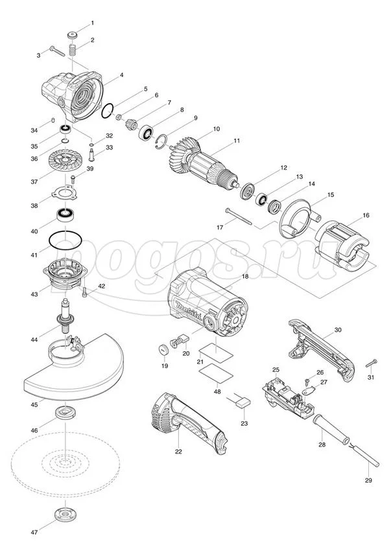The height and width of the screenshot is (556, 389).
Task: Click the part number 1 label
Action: [92, 23]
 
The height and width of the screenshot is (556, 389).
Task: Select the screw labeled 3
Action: [57, 52]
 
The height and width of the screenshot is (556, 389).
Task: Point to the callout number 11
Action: [237, 141]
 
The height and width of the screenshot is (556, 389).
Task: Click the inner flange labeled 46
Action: [66, 413]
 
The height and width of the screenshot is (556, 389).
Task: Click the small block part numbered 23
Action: [242, 402]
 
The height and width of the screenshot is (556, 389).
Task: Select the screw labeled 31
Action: [372, 362]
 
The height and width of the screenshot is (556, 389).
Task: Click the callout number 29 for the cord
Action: [369, 480]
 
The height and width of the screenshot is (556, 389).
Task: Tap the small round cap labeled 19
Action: [162, 351]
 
